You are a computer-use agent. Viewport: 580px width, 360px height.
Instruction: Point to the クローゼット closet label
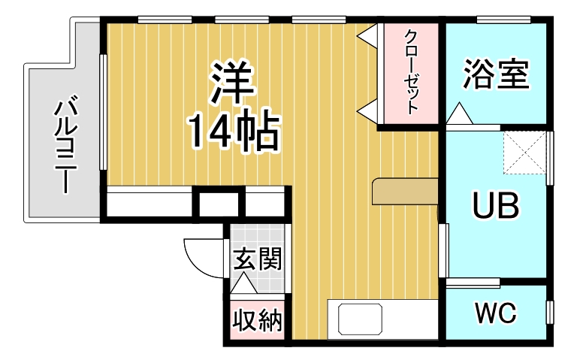[x=411, y=71]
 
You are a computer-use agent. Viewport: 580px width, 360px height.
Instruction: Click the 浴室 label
[x=497, y=73]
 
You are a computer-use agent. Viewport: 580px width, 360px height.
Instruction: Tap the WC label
[x=495, y=313]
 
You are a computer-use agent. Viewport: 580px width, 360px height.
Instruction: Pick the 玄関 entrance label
[x=257, y=260]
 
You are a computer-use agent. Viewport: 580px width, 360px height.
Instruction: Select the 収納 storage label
[x=257, y=321]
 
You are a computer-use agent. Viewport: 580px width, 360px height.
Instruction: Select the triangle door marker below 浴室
[x=459, y=115]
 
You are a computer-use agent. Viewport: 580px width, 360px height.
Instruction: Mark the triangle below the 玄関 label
[x=244, y=284]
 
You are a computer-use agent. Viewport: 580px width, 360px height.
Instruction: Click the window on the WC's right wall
[x=550, y=310]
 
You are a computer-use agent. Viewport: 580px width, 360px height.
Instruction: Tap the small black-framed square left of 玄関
[x=219, y=203]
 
